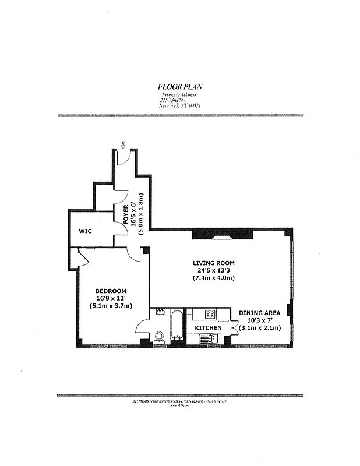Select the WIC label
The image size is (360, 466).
pyautogui.click(x=86, y=231)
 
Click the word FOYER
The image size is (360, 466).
pyautogui.click(x=126, y=214)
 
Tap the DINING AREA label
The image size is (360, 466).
pyautogui.click(x=260, y=313)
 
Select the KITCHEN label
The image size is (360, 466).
pyautogui.click(x=207, y=329)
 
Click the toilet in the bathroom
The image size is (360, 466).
pyautogui.click(x=159, y=336)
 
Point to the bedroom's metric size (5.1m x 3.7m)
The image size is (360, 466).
pyautogui.click(x=111, y=306)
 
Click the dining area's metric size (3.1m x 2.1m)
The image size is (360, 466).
pyautogui.click(x=260, y=328)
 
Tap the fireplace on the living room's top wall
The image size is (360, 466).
pyautogui.click(x=223, y=235)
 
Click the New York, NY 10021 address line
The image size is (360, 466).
pyautogui.click(x=180, y=105)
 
